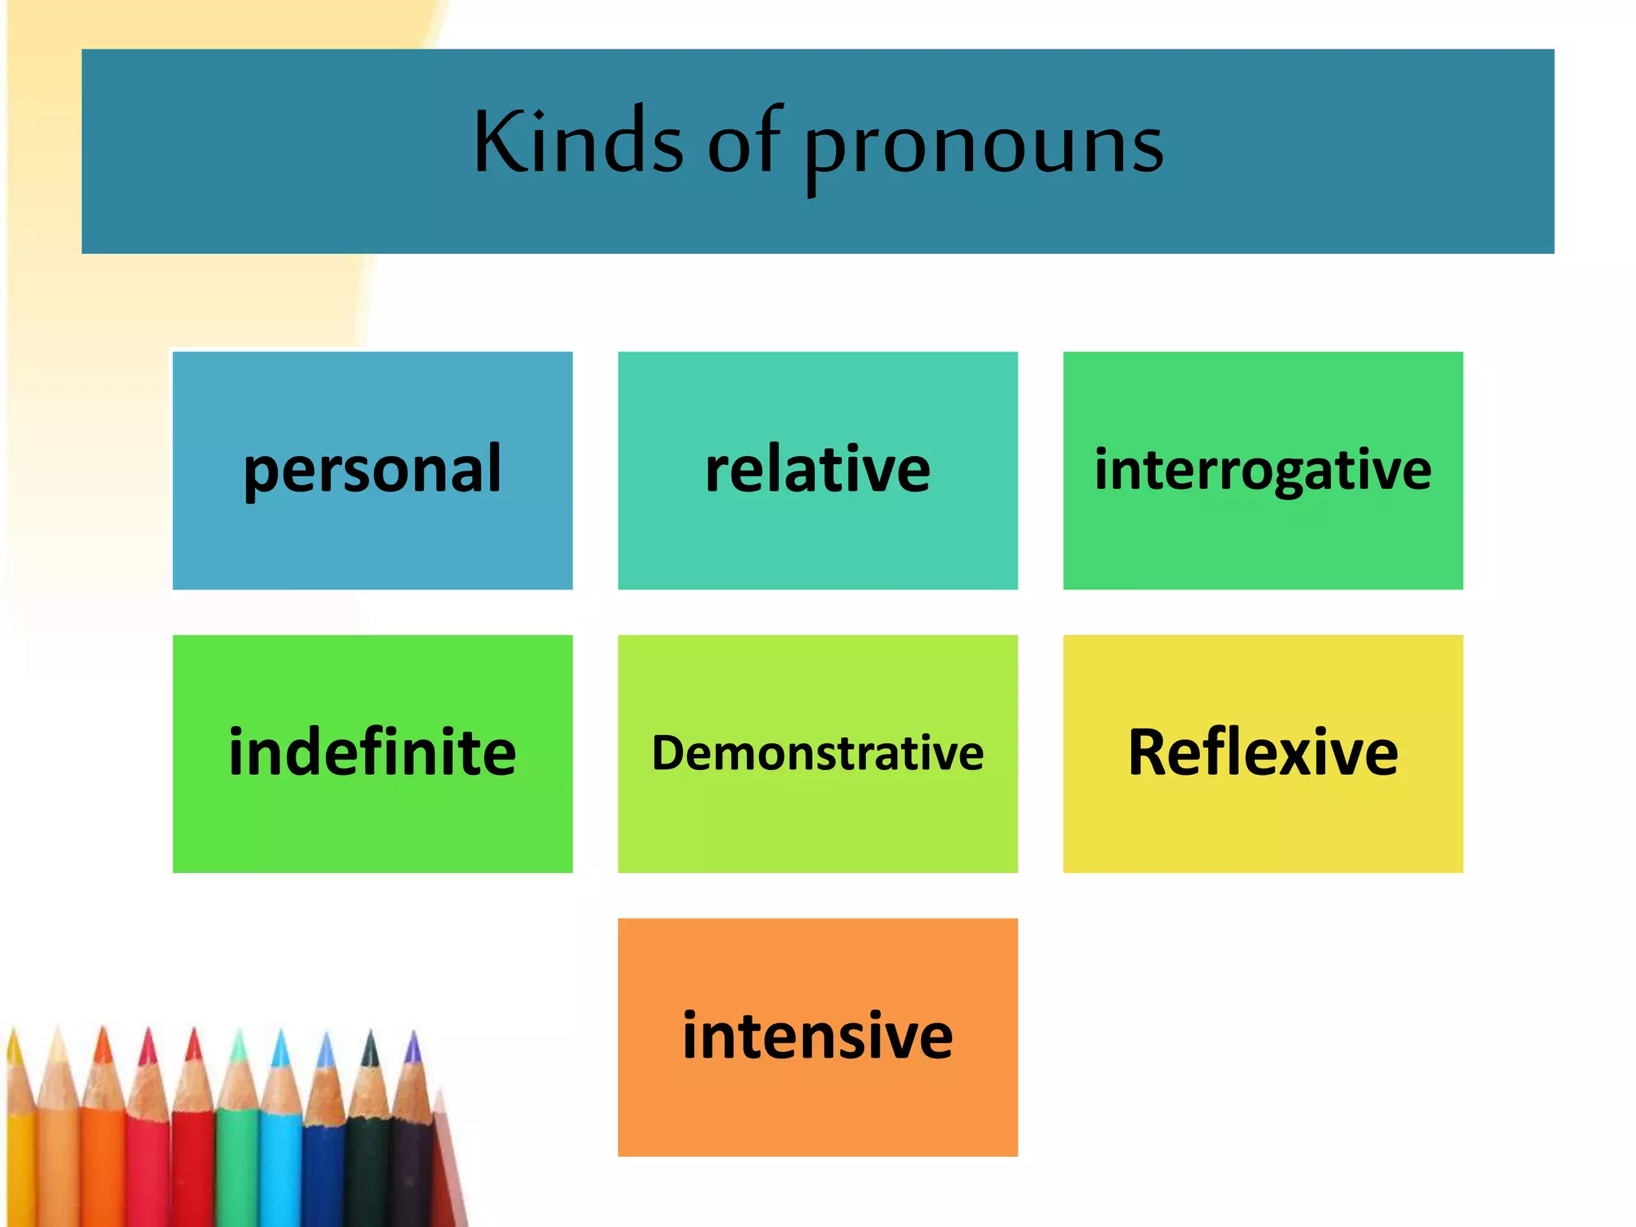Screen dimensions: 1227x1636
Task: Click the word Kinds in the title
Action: (x=578, y=142)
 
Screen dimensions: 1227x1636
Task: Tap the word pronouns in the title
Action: (x=983, y=147)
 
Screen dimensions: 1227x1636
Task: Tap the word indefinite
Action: (x=372, y=752)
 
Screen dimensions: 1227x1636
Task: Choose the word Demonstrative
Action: (x=817, y=753)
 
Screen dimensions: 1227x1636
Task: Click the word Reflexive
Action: (x=1262, y=752)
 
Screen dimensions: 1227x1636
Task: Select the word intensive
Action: (x=817, y=1036)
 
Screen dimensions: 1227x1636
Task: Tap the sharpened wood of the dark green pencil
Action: (x=368, y=1086)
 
